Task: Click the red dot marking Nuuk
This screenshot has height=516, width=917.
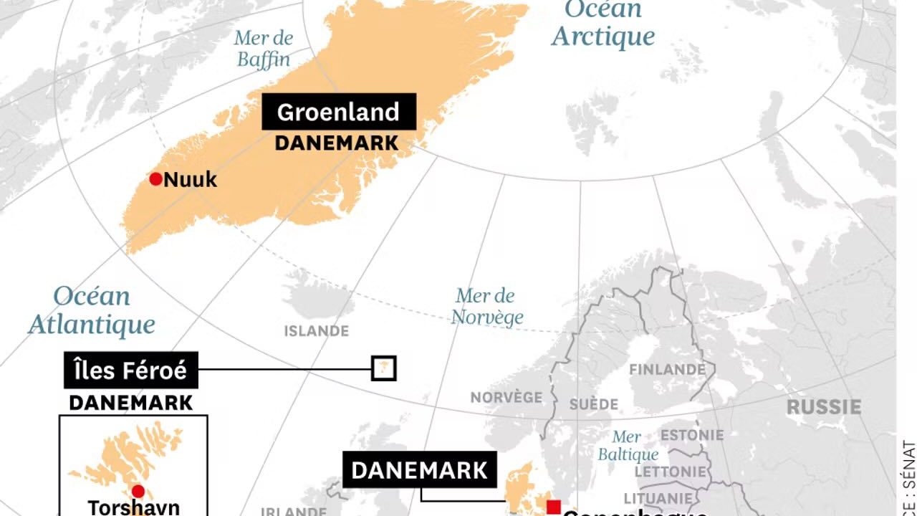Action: [155, 179]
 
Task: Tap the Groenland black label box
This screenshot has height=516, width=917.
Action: [338, 113]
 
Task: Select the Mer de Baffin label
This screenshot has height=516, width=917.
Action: [264, 49]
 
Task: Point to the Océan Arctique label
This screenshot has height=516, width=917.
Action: [602, 24]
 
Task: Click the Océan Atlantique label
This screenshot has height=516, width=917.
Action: [92, 310]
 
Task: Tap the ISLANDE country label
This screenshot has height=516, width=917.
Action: [316, 331]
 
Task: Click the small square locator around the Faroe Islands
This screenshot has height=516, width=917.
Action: [384, 368]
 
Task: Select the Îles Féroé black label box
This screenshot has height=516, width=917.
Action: [130, 371]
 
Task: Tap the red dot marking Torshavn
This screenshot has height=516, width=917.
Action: [138, 491]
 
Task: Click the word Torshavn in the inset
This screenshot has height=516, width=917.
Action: [133, 507]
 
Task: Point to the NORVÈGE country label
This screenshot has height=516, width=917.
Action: [506, 397]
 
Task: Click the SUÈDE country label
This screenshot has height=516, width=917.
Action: [593, 404]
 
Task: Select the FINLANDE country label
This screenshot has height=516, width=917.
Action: [667, 370]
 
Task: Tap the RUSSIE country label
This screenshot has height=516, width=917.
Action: [824, 407]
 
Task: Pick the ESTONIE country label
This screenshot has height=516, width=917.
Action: [691, 436]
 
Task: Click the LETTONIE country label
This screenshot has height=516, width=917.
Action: [670, 472]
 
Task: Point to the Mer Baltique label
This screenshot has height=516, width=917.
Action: [628, 446]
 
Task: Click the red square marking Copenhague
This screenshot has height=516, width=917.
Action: [553, 507]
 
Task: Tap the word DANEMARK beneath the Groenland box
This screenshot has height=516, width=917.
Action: [337, 143]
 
